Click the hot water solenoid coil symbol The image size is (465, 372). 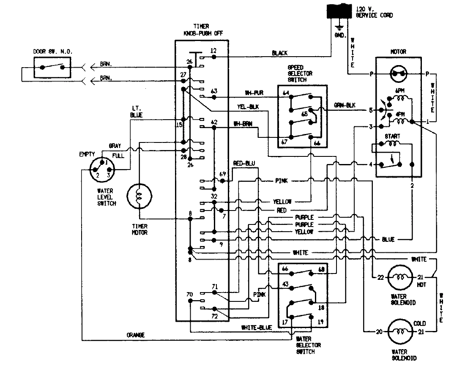click(x=399, y=277)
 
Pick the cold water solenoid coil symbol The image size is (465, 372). click(x=399, y=332)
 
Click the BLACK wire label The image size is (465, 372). click(x=279, y=53)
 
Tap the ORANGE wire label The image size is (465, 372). click(x=135, y=335)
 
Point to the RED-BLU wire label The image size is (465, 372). click(x=244, y=163)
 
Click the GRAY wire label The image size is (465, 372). click(x=115, y=146)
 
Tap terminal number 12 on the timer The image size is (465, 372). click(x=213, y=51)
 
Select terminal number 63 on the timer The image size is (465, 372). click(x=214, y=91)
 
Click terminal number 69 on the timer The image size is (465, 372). click(x=222, y=174)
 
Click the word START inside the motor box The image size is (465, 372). click(x=392, y=136)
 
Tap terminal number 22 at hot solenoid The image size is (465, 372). click(x=380, y=277)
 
